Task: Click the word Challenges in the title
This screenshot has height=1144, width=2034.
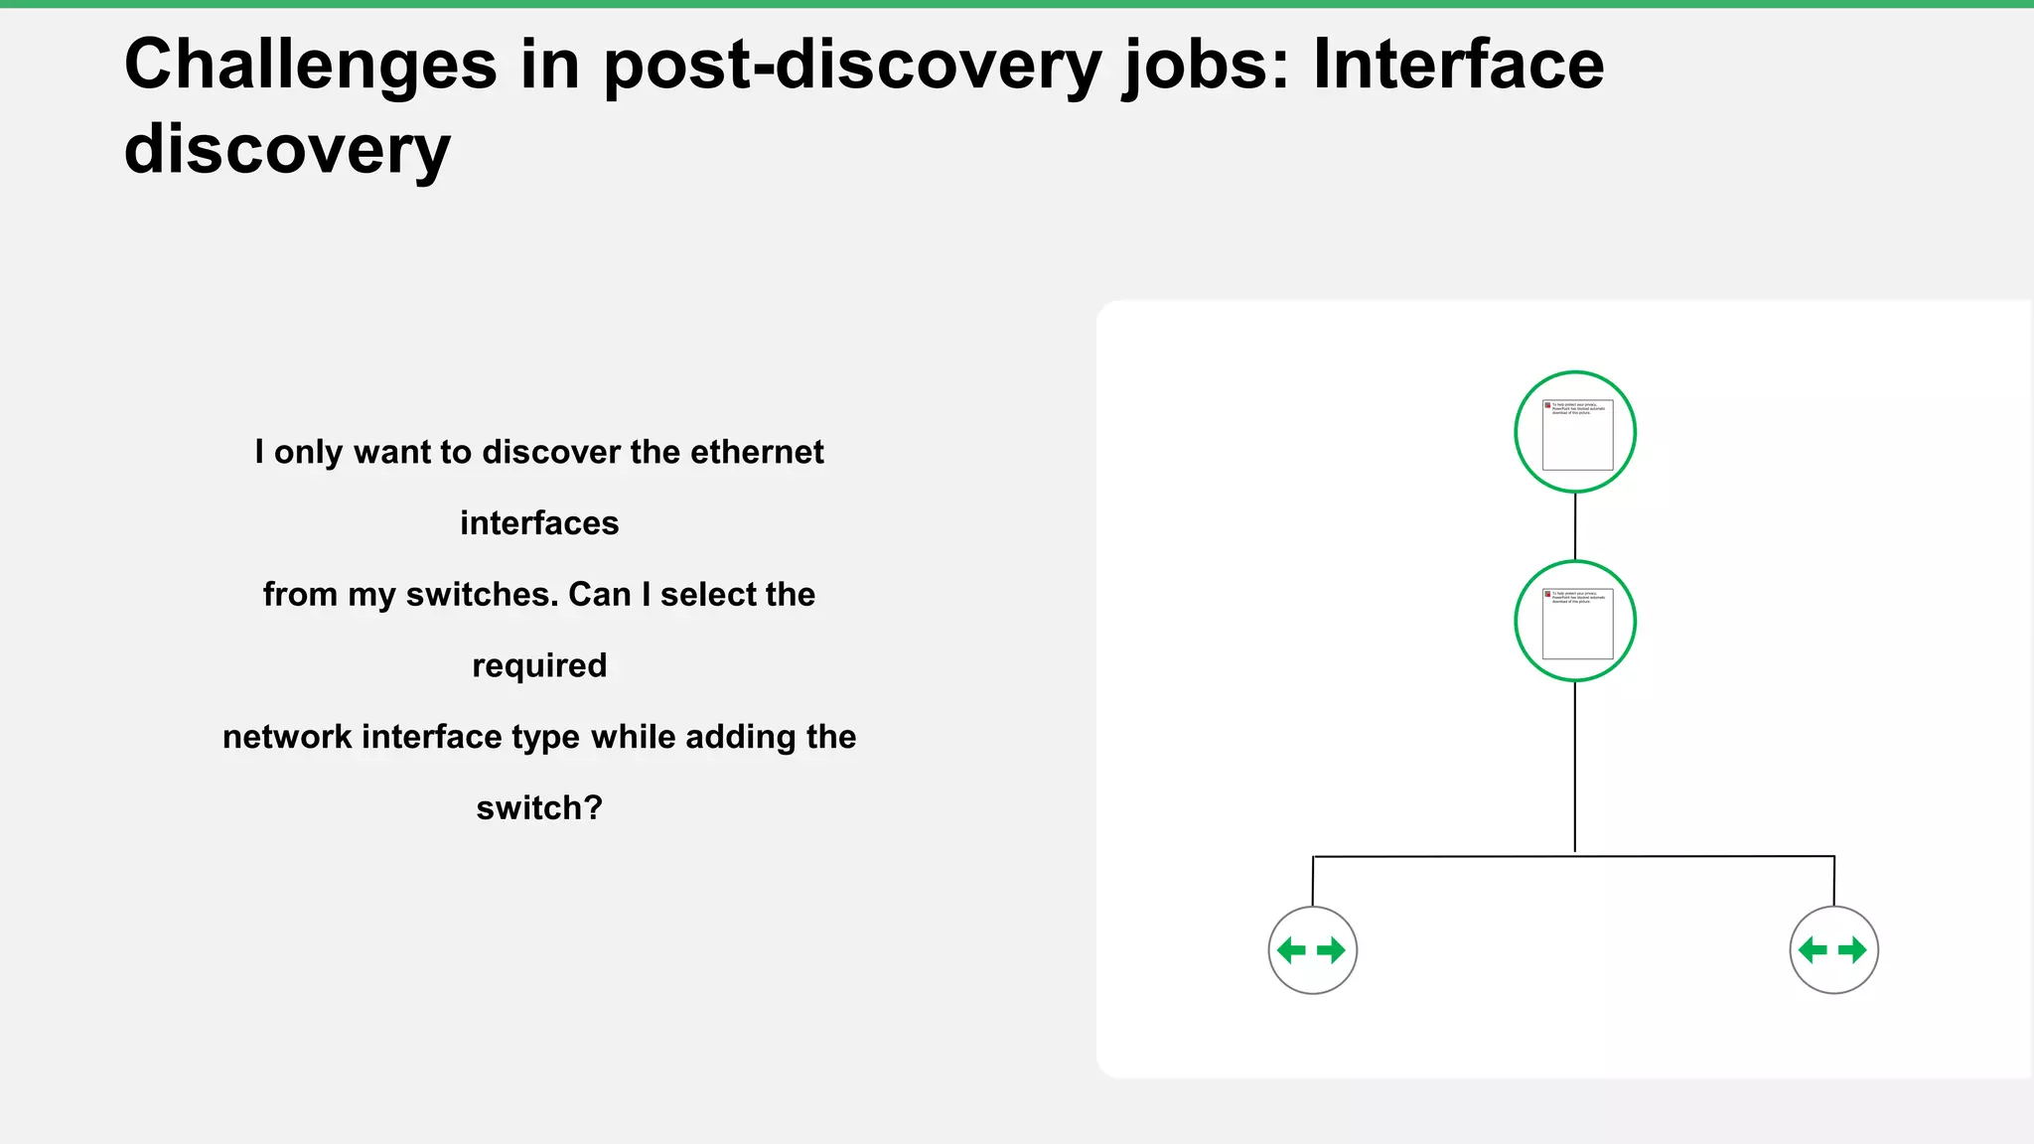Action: click(310, 66)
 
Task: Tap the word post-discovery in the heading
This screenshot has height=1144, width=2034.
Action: click(853, 66)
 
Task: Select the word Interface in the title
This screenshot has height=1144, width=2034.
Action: click(1458, 66)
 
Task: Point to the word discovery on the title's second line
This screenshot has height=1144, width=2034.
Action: click(287, 150)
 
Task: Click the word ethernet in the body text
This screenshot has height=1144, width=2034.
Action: click(757, 452)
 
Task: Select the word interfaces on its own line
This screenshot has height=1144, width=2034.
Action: click(539, 523)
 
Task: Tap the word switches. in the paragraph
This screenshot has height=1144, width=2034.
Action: click(483, 595)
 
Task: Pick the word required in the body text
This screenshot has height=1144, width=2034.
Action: click(539, 665)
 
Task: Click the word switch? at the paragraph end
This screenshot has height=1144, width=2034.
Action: click(539, 808)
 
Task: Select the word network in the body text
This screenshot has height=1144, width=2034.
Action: click(287, 737)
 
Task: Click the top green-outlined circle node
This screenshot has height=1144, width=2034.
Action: click(1575, 432)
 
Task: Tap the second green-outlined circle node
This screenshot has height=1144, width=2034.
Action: click(1575, 621)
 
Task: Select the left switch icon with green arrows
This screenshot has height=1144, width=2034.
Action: click(1312, 950)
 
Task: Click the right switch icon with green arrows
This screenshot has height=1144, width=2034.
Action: click(1833, 950)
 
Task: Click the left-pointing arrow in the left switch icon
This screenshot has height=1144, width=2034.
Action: click(1291, 950)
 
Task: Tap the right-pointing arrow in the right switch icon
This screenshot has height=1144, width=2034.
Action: click(1853, 950)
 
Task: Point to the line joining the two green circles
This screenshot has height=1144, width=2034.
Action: click(1575, 526)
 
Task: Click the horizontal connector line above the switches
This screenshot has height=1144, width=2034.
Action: click(1440, 856)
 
